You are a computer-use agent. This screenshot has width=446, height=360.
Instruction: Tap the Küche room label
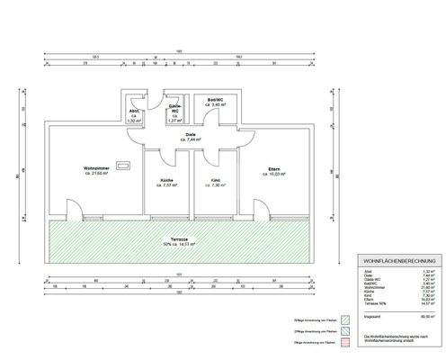coord(167,180)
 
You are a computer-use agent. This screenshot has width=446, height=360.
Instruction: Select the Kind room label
coord(216,180)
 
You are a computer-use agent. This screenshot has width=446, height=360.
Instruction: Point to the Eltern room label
coord(274,167)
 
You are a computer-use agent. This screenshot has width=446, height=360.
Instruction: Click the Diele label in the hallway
coord(191,135)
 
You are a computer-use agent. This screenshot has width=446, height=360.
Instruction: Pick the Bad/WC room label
coord(216,100)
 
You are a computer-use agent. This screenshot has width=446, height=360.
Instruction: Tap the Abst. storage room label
coord(134,111)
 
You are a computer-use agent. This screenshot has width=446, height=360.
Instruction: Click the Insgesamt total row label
coord(369,317)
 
